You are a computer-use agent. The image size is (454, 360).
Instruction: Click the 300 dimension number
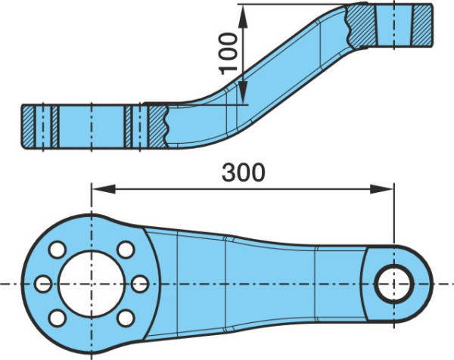click(x=243, y=172)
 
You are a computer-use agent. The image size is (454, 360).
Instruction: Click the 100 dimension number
click(x=228, y=54)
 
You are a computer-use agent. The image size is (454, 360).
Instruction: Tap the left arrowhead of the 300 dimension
click(x=104, y=188)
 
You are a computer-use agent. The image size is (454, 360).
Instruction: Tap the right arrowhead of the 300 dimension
click(x=382, y=188)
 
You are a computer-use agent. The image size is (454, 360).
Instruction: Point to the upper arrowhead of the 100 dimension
click(x=243, y=17)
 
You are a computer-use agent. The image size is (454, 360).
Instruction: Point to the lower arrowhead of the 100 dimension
click(x=243, y=92)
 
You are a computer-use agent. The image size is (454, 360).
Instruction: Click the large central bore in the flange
click(x=92, y=284)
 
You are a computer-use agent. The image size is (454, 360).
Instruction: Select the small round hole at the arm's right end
click(x=393, y=284)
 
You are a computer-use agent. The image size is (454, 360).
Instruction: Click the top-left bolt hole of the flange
click(x=58, y=250)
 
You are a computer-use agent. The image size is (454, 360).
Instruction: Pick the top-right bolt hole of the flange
click(x=126, y=250)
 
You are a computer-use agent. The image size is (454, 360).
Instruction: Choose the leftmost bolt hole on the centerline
click(x=43, y=284)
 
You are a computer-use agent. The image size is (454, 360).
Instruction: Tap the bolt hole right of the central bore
click(x=140, y=284)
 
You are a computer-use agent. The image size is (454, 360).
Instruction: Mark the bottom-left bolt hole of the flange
click(x=58, y=318)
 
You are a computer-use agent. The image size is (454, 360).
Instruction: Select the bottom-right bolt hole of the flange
click(x=126, y=318)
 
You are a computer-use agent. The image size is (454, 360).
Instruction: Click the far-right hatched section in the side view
click(x=422, y=25)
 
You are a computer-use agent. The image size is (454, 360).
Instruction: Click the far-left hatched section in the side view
click(x=29, y=126)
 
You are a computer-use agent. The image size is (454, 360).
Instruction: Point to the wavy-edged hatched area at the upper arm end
click(x=362, y=26)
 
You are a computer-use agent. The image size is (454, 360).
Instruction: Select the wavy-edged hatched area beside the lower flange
click(x=157, y=126)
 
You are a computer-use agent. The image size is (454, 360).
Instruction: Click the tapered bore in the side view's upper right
click(x=393, y=25)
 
